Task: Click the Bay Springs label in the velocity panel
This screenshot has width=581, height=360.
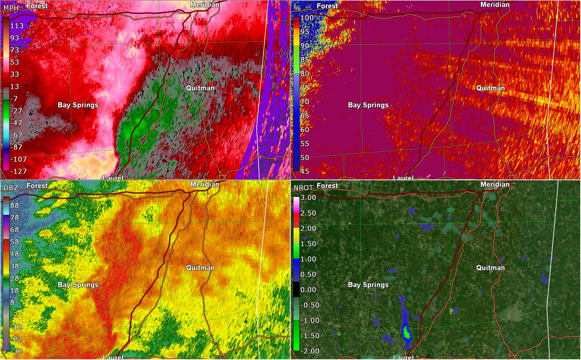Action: click(x=78, y=105)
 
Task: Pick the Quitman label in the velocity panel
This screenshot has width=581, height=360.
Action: click(x=200, y=88)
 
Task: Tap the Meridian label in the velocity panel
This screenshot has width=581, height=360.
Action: click(x=205, y=4)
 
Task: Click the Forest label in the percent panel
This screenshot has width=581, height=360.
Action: click(x=327, y=6)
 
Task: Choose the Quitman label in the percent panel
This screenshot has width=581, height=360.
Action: click(x=490, y=88)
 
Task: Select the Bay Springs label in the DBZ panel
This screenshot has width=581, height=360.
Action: click(x=78, y=285)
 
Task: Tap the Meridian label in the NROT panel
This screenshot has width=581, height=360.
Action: click(x=495, y=184)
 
